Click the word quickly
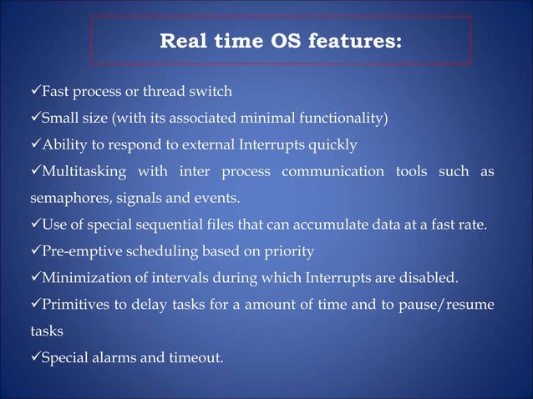tap(333, 145)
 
